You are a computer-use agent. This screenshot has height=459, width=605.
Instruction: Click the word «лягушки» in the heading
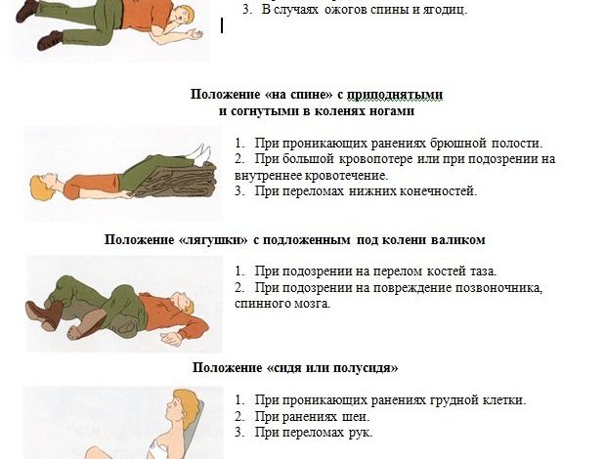point(214,239)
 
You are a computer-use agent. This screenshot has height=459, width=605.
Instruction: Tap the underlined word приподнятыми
point(395,95)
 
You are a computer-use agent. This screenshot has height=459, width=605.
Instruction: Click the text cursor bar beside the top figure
point(222,25)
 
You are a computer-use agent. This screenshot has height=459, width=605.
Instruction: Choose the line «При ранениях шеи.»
point(313,417)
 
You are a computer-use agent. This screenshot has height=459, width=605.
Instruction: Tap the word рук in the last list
point(361,433)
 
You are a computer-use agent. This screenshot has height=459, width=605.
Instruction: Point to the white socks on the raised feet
point(199,153)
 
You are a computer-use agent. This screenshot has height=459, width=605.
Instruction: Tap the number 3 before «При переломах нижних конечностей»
point(239,191)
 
